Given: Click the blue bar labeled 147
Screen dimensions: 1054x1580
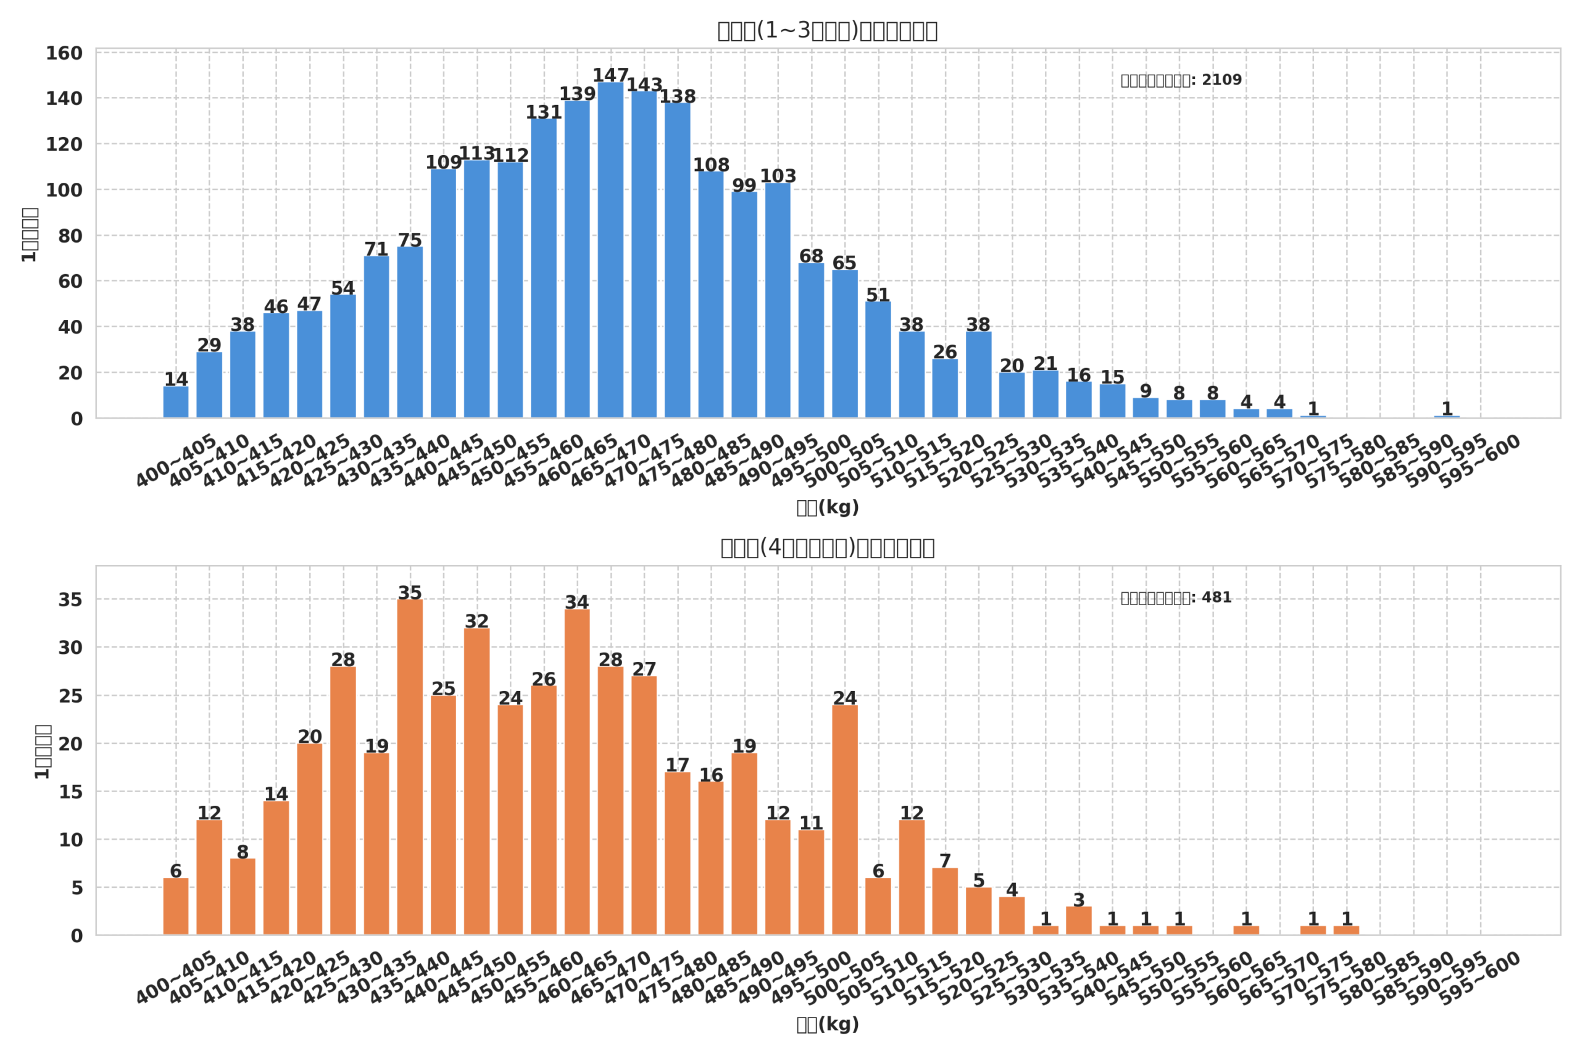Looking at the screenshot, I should point(610,250).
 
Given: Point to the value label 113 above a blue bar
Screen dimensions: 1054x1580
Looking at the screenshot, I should point(476,153).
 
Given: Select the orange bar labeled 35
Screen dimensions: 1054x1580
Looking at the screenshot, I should point(410,767).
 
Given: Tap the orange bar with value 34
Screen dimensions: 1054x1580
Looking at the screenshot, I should point(577,772).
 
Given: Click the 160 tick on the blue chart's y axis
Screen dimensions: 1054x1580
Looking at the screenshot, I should point(64,53).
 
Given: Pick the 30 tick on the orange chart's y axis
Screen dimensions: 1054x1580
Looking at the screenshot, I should point(70,648).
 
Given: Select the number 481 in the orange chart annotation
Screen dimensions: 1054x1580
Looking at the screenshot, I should point(1216,598).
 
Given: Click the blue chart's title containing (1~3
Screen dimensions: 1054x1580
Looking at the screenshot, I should point(827,31).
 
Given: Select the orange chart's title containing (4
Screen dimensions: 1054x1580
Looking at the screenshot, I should point(827,548).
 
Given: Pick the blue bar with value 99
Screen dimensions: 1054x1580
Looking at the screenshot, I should point(744,305).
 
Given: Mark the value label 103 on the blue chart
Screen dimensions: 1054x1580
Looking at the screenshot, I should point(778,176).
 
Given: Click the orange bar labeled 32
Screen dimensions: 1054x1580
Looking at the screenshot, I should point(476,781).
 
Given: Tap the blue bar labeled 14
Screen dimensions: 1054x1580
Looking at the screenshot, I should point(176,402).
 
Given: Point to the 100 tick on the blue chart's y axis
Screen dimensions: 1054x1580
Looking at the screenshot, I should point(64,190).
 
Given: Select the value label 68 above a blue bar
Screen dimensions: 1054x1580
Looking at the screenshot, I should point(811,256).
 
